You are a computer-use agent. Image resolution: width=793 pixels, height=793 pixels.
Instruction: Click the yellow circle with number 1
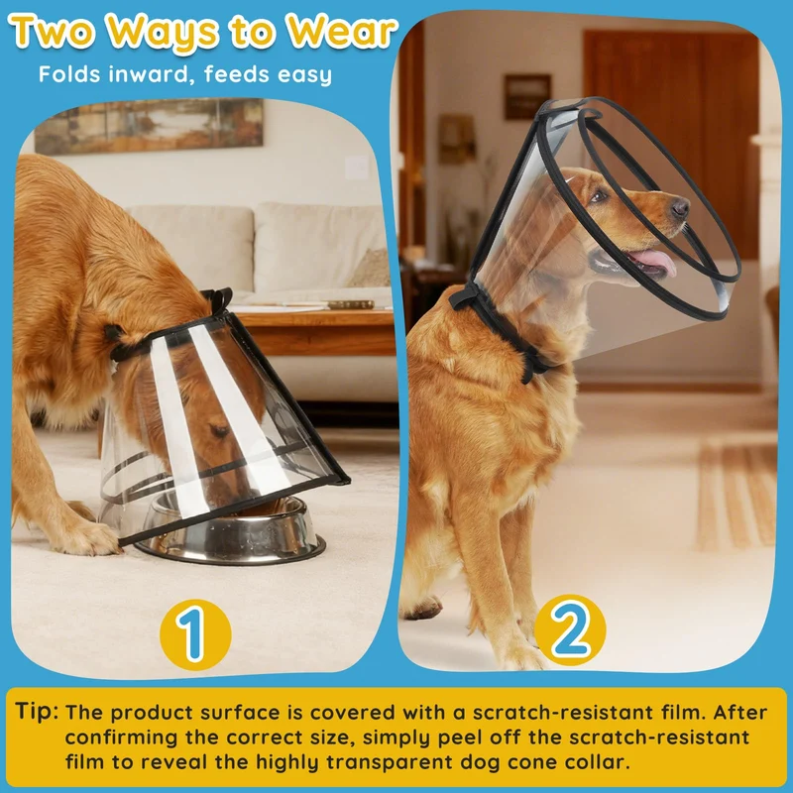coord(195,634)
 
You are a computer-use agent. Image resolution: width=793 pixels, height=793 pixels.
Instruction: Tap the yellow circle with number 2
coord(570,630)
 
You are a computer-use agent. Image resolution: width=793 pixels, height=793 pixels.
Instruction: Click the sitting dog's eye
coord(599,195)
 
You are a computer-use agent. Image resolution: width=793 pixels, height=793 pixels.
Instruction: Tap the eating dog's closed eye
coord(220,431)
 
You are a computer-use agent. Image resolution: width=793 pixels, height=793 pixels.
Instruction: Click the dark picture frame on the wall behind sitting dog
coord(527,96)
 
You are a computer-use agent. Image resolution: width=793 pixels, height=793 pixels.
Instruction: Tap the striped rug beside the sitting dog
coord(736,496)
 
